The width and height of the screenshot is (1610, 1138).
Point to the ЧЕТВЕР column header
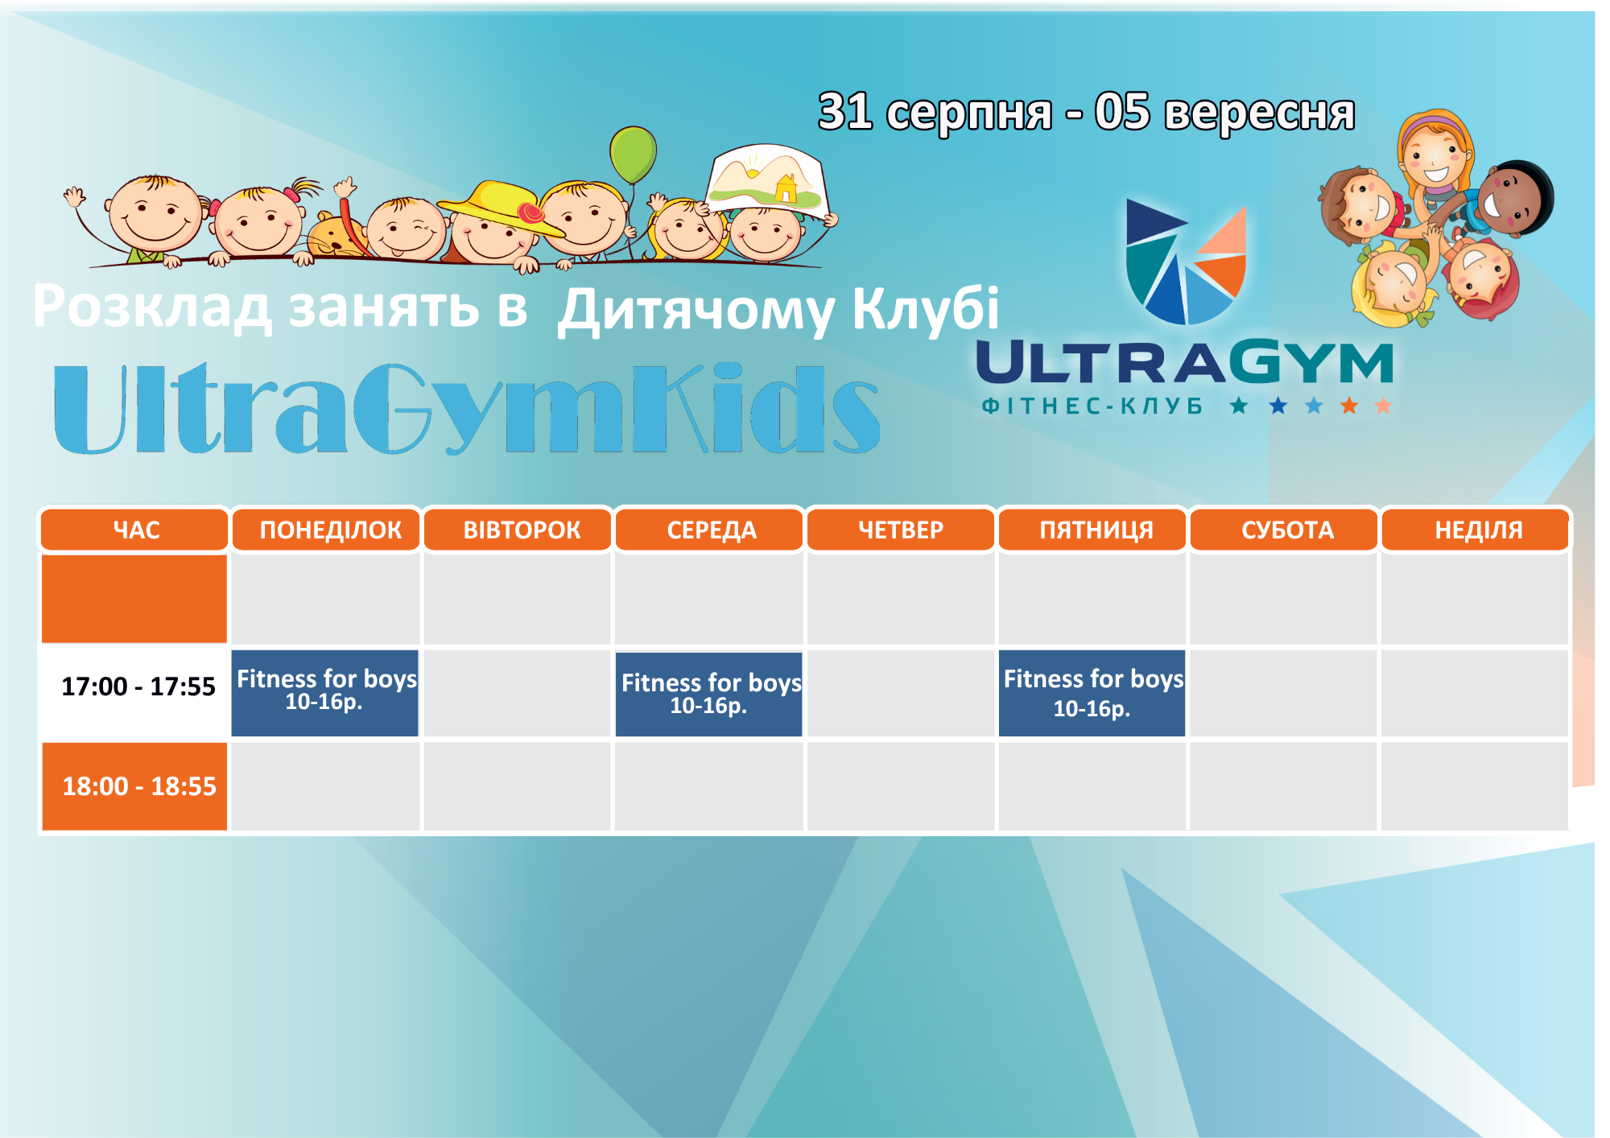point(901,530)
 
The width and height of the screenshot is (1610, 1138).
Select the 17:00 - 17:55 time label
point(138,687)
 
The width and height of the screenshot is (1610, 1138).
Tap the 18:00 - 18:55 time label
point(139,786)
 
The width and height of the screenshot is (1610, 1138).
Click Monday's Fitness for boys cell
point(325,693)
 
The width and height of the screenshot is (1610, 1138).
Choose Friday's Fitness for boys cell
point(1092,693)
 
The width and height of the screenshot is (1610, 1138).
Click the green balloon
point(634,154)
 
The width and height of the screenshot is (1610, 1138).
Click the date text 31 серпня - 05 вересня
point(1087,112)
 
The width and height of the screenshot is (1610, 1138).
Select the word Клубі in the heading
point(926,308)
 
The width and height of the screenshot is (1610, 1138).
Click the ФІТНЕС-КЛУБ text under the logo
point(1092,406)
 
